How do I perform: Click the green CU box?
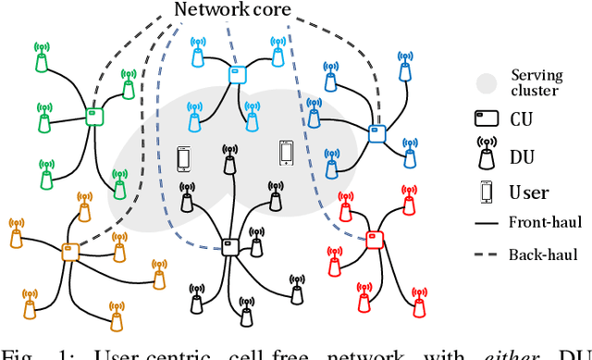point(93,117)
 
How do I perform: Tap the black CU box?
point(228,245)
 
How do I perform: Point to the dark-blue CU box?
point(376,132)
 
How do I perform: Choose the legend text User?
point(529,192)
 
